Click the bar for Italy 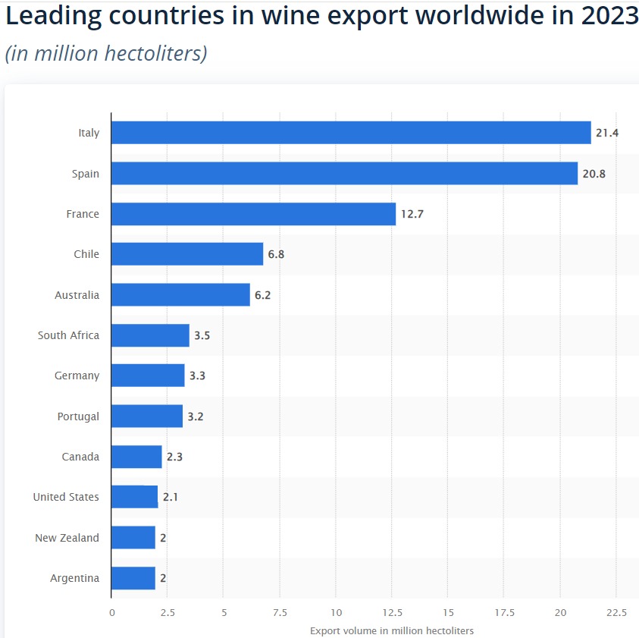pyautogui.click(x=351, y=133)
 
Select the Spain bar pyautogui.click(x=344, y=174)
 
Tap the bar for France pyautogui.click(x=253, y=214)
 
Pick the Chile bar pyautogui.click(x=187, y=254)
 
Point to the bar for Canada pyautogui.click(x=136, y=457)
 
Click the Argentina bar pyautogui.click(x=133, y=578)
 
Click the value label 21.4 pyautogui.click(x=607, y=133)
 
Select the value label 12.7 pyautogui.click(x=412, y=214)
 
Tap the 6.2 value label pyautogui.click(x=262, y=295)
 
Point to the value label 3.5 pyautogui.click(x=202, y=335)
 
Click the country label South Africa pyautogui.click(x=68, y=335)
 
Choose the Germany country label pyautogui.click(x=77, y=376)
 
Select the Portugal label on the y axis pyautogui.click(x=78, y=416)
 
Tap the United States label pyautogui.click(x=66, y=497)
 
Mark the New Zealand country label pyautogui.click(x=67, y=538)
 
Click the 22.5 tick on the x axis pyautogui.click(x=616, y=612)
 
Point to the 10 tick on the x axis pyautogui.click(x=336, y=612)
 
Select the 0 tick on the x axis pyautogui.click(x=111, y=612)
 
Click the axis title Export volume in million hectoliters pyautogui.click(x=392, y=630)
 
